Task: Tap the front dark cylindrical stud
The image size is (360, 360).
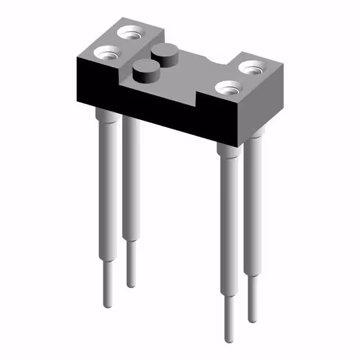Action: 145,70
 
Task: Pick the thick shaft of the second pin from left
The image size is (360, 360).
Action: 130,180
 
